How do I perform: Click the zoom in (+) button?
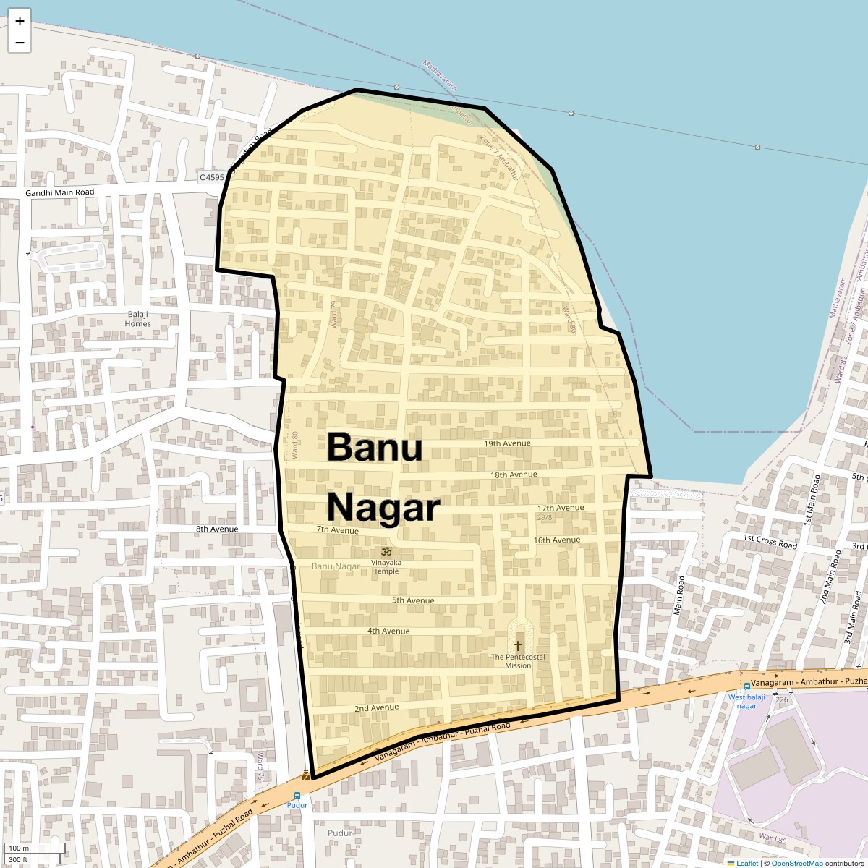coord(20,21)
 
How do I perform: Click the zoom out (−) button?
coord(20,42)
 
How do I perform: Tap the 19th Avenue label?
coord(507,443)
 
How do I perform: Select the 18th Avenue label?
coord(514,475)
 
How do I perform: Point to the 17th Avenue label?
coord(560,508)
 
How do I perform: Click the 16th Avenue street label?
coord(556,540)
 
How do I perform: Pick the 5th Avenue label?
coord(413,600)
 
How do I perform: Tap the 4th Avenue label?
coord(388,631)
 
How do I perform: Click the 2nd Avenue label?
coord(376,707)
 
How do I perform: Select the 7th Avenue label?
coord(337,529)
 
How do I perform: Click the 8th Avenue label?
coord(217,529)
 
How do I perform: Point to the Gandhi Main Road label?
coord(59,192)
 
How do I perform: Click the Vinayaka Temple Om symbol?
coord(386,552)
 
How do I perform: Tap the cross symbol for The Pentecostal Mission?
coord(518,644)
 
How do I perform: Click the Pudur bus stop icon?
coord(297,796)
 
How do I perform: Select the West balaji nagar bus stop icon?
coord(747,686)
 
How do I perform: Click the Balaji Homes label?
coord(137,318)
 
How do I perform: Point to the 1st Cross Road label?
coord(770,541)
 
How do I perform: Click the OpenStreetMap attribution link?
coord(796,863)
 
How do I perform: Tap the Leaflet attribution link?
coord(746,863)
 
